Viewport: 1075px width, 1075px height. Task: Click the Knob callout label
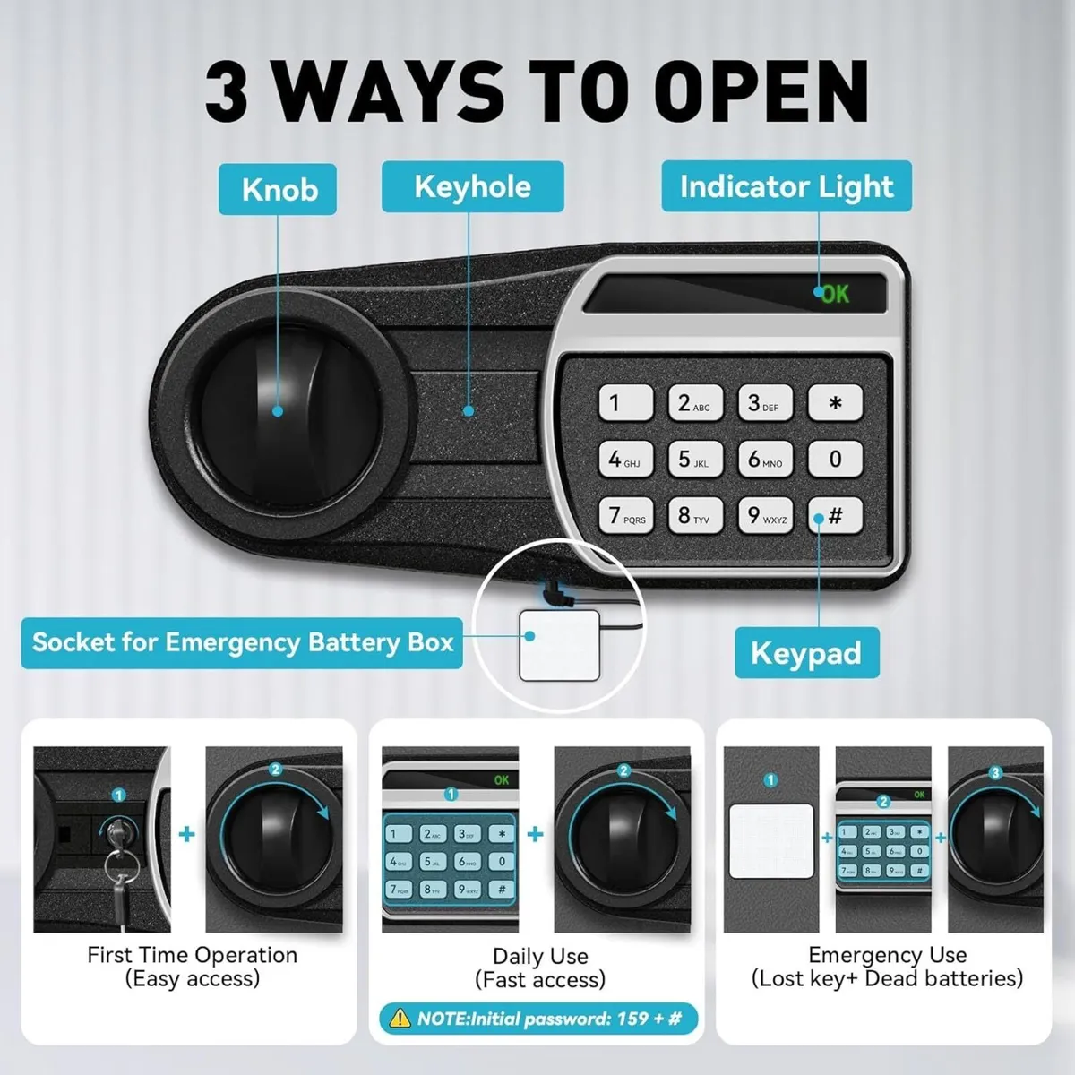coord(278,190)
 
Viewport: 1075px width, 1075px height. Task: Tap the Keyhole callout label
coord(472,187)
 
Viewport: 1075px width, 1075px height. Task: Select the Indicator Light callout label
coord(787,186)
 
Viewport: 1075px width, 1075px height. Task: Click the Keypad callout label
coord(806,653)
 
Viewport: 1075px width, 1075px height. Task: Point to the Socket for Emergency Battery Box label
coord(242,642)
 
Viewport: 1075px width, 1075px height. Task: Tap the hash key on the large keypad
coord(835,516)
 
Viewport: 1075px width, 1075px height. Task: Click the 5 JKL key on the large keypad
coord(694,460)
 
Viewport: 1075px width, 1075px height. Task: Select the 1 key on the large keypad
coord(624,403)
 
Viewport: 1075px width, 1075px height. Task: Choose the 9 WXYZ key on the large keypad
coord(765,516)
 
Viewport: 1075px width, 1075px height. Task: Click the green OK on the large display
coord(835,294)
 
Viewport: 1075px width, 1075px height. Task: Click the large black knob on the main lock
coord(279,411)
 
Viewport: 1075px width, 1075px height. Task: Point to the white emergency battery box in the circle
coord(559,645)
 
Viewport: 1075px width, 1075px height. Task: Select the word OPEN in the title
coord(761,91)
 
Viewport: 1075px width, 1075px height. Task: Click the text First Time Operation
coord(192,955)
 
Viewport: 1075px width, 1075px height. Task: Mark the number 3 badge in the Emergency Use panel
coord(994,773)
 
